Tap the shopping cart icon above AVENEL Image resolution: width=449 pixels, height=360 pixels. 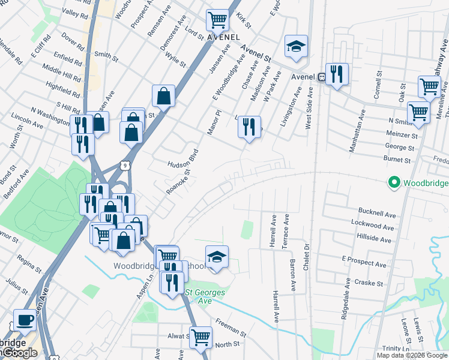pyautogui.click(x=217, y=20)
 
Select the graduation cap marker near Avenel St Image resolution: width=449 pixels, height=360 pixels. pyautogui.click(x=295, y=47)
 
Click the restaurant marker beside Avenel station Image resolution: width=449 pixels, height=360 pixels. pyautogui.click(x=337, y=74)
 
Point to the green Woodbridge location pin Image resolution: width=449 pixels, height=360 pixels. pyautogui.click(x=394, y=182)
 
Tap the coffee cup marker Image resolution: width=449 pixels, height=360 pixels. pyautogui.click(x=24, y=319)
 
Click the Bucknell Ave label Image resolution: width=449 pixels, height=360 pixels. pyautogui.click(x=377, y=214)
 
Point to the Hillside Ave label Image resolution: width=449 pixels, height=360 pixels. pyautogui.click(x=375, y=240)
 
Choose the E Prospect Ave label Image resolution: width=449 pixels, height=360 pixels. pyautogui.click(x=364, y=263)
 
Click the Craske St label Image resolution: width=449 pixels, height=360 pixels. pyautogui.click(x=369, y=283)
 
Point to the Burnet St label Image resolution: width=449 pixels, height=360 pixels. pyautogui.click(x=397, y=160)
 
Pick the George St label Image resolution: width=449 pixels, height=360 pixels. pyautogui.click(x=399, y=148)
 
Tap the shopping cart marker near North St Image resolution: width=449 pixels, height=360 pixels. pyautogui.click(x=200, y=337)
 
